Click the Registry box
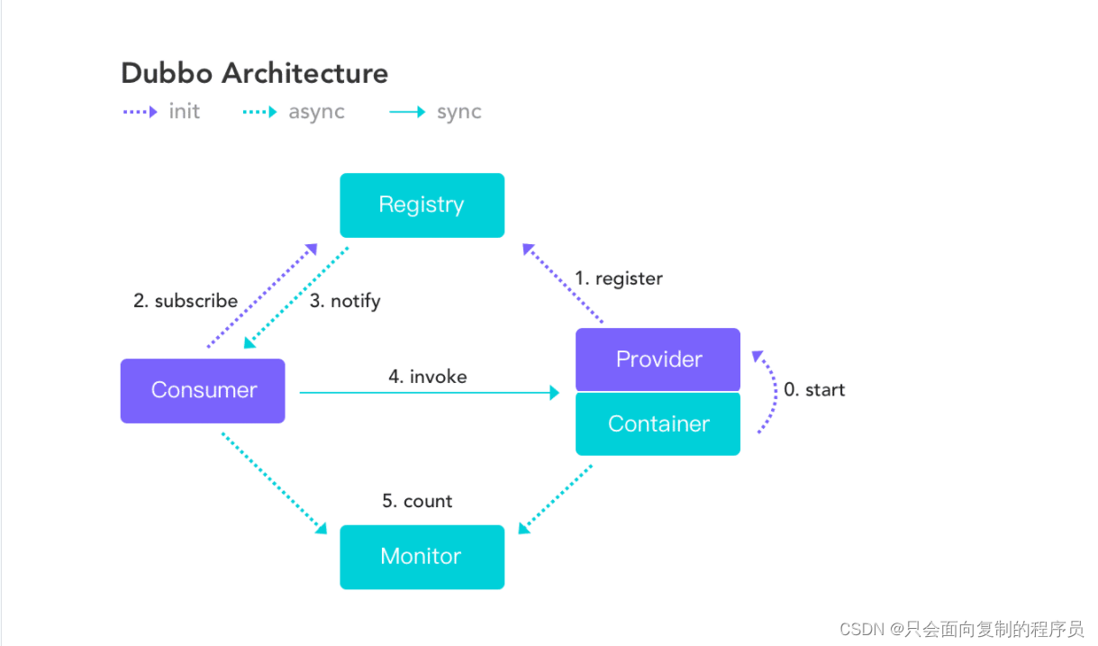pyautogui.click(x=422, y=205)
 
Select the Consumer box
pyautogui.click(x=203, y=391)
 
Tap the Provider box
pyautogui.click(x=658, y=359)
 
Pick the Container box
pyautogui.click(x=658, y=424)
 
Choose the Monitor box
pyautogui.click(x=422, y=558)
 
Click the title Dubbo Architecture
pyautogui.click(x=254, y=74)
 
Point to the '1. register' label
pyautogui.click(x=619, y=279)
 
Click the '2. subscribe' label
pyautogui.click(x=186, y=300)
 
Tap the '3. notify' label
pyautogui.click(x=345, y=301)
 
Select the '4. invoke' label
pyautogui.click(x=428, y=377)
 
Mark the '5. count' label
pyautogui.click(x=417, y=501)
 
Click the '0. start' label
pyautogui.click(x=814, y=389)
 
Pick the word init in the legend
pyautogui.click(x=185, y=111)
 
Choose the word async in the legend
pyautogui.click(x=317, y=113)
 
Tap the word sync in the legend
pyautogui.click(x=459, y=113)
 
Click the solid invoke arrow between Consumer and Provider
pyautogui.click(x=430, y=393)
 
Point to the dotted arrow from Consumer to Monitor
pyautogui.click(x=274, y=483)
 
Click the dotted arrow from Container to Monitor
pyautogui.click(x=556, y=499)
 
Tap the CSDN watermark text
pyautogui.click(x=961, y=630)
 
